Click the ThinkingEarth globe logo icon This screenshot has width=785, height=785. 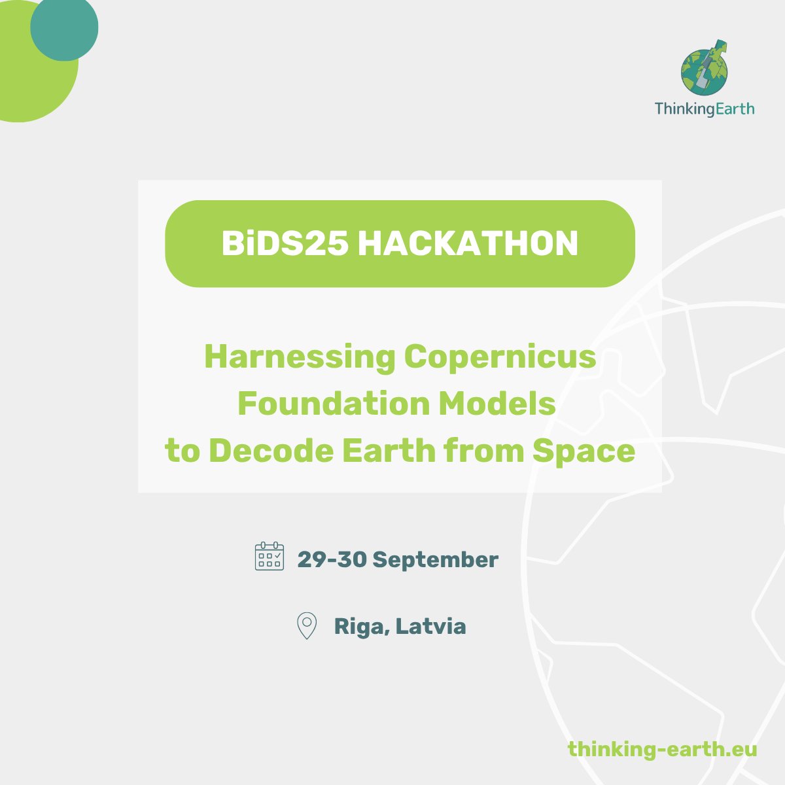[705, 69]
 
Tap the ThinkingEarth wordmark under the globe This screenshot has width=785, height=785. [704, 109]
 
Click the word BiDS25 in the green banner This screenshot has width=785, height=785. [285, 244]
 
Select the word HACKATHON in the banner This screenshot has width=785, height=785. [468, 244]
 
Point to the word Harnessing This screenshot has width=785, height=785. [300, 357]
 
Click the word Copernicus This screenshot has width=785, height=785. [500, 357]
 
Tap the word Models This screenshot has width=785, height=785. [497, 404]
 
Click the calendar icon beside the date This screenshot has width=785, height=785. [269, 557]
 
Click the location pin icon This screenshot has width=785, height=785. [306, 625]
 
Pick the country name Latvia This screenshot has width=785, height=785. [431, 626]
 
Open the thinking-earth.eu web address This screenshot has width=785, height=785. [662, 748]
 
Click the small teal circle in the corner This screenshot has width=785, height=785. [64, 27]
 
